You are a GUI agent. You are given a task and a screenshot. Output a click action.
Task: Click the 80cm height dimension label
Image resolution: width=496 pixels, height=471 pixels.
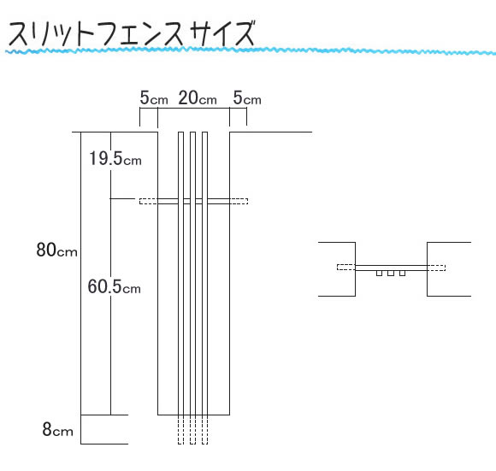click(x=57, y=250)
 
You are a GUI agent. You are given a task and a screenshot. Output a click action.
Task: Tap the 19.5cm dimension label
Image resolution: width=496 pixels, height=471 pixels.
click(x=115, y=158)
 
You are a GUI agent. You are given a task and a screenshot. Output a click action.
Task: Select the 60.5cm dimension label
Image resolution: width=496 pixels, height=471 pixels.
click(x=115, y=286)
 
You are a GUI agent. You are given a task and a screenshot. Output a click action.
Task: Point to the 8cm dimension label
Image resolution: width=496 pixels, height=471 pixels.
click(x=58, y=429)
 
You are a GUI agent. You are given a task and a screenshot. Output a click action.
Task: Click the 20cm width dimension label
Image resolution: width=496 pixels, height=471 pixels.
click(x=198, y=97)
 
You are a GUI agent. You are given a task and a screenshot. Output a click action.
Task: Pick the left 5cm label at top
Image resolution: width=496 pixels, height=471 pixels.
click(x=154, y=97)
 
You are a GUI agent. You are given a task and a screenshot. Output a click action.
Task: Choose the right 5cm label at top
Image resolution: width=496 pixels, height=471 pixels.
click(x=247, y=97)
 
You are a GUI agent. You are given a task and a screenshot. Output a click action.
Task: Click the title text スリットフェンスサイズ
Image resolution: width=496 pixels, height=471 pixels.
click(x=132, y=33)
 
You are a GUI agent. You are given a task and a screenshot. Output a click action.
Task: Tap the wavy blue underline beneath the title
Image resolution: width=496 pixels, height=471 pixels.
click(x=251, y=50)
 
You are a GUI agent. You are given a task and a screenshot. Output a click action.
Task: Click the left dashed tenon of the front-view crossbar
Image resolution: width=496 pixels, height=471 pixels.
click(x=149, y=201)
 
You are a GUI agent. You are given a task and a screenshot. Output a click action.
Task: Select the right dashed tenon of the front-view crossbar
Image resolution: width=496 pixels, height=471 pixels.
click(x=239, y=201)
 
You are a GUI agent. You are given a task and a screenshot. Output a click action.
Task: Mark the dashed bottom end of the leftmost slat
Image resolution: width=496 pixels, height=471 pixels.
click(x=180, y=430)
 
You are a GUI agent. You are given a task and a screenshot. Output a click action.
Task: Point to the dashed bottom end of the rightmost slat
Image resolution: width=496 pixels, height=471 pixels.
click(x=204, y=430)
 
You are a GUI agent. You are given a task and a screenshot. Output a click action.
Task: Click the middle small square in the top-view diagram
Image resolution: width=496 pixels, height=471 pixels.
click(x=391, y=274)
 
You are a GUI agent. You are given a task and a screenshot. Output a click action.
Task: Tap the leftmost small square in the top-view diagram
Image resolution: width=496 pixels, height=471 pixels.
click(x=379, y=274)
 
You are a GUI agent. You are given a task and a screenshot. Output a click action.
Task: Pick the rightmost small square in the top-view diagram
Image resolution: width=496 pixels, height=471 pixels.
click(x=402, y=274)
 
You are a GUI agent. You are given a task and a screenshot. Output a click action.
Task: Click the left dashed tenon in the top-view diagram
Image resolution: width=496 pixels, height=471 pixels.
click(x=346, y=268)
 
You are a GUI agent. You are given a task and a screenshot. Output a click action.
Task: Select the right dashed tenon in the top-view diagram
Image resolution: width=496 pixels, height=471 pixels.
click(x=436, y=268)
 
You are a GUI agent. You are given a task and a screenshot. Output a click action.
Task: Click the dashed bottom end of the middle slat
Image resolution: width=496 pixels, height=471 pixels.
click(x=192, y=430)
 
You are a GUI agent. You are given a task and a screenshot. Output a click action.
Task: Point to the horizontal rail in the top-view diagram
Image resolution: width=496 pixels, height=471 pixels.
click(x=392, y=268)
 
